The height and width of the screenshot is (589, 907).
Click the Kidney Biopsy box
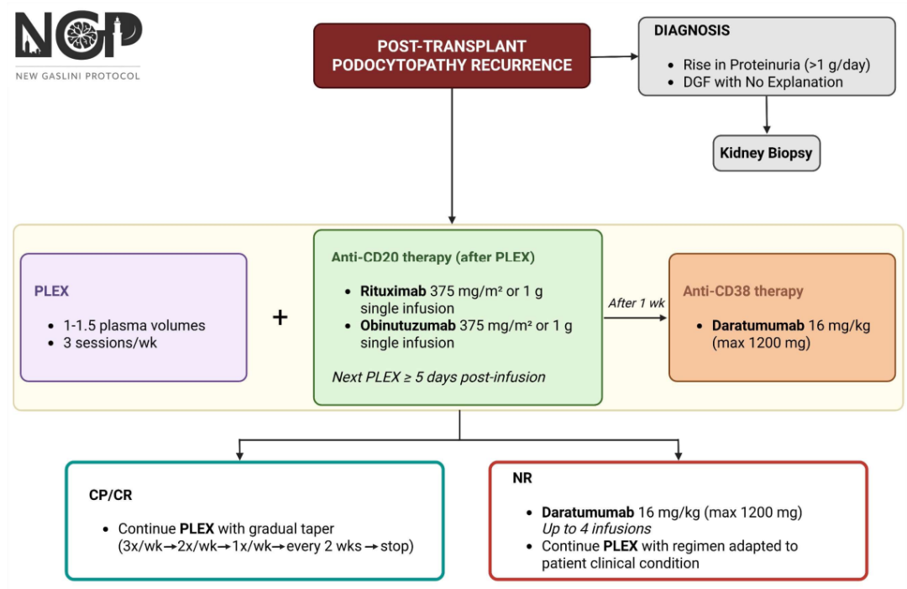coord(767,153)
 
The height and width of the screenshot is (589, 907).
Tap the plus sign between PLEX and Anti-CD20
coord(280,317)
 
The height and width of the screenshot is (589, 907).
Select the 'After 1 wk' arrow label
coord(637,303)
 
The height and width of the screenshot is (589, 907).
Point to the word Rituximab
coord(393,291)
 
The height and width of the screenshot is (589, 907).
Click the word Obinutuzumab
coord(408,326)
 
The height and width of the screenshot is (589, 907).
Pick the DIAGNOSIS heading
coord(692,30)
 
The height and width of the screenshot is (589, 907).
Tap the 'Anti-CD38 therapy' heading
coord(742,291)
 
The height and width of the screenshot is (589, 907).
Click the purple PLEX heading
coord(51,291)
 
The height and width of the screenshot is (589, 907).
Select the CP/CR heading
coord(111,495)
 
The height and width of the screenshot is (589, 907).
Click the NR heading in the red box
coord(522,478)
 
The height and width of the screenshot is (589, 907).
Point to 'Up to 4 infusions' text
coord(596,529)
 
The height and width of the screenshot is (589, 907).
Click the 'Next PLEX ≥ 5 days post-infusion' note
coord(438,377)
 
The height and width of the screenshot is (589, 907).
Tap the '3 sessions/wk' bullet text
coord(110,343)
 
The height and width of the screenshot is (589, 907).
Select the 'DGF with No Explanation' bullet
coord(763,82)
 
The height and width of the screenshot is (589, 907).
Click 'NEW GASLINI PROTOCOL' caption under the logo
coord(78,76)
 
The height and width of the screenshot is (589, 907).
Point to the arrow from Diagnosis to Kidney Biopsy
coord(767,115)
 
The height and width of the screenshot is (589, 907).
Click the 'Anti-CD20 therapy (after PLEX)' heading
coord(433,257)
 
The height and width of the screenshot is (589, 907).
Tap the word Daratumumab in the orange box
coord(758,326)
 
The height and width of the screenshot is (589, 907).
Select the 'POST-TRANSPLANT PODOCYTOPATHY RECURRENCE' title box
coord(452,55)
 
